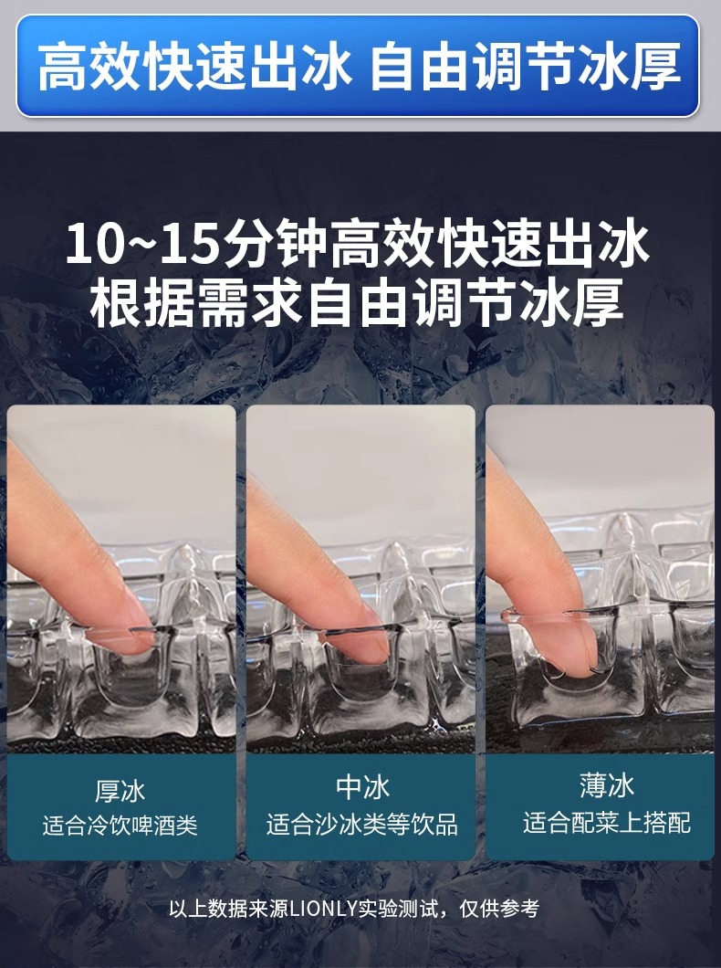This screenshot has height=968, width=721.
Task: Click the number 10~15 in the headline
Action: point(138,245)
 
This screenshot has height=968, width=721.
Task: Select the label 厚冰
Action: point(120,789)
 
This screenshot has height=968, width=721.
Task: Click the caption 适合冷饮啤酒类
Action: point(120,826)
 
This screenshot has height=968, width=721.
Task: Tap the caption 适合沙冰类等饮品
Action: point(361,825)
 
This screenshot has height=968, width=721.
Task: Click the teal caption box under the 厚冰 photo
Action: point(120,806)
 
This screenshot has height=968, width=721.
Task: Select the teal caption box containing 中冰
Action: point(361,806)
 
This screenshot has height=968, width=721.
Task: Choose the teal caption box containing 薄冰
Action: point(600,806)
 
